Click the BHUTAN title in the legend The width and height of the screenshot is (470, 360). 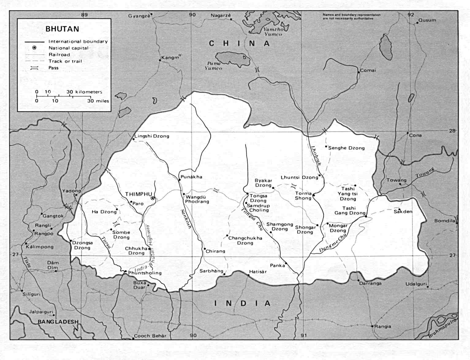click(x=63, y=29)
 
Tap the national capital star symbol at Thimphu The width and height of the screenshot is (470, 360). click(x=153, y=199)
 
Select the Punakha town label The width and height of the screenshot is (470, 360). click(x=191, y=177)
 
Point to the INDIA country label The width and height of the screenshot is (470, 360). click(x=242, y=303)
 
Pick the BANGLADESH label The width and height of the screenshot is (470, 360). click(x=58, y=322)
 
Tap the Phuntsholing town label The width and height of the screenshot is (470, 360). click(x=145, y=273)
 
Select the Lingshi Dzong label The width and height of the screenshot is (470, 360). click(x=152, y=136)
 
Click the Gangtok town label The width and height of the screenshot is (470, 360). click(x=53, y=216)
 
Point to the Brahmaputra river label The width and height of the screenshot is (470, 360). click(x=442, y=328)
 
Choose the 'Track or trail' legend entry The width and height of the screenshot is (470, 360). click(x=65, y=61)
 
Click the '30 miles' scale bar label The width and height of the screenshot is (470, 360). click(x=98, y=101)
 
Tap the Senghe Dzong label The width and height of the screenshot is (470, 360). click(x=347, y=148)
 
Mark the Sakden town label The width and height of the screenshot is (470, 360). click(x=403, y=212)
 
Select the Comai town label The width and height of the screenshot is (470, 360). click(x=368, y=70)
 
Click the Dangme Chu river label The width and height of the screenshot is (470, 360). click(x=333, y=242)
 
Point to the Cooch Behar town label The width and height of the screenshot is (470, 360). click(x=150, y=336)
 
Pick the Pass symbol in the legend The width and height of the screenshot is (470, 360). click(x=34, y=68)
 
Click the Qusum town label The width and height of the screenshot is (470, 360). click(x=427, y=20)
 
